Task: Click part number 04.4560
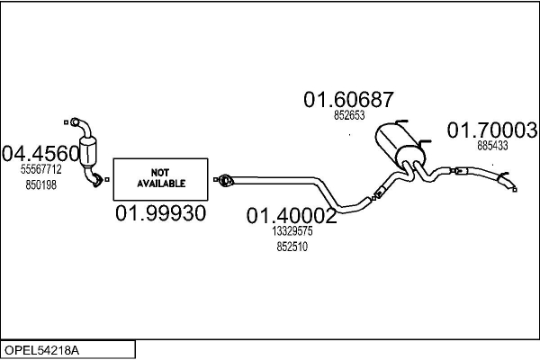(x=41, y=153)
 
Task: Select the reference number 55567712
(x=41, y=169)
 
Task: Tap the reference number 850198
(x=41, y=184)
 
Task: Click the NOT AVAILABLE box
(x=161, y=178)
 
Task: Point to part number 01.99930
(x=161, y=213)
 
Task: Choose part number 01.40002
(x=292, y=216)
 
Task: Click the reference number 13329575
(x=292, y=231)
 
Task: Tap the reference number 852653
(x=349, y=115)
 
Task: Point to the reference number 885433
(x=493, y=145)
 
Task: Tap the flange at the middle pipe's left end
(x=226, y=180)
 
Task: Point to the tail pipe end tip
(x=514, y=188)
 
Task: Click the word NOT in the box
(x=160, y=172)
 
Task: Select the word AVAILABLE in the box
(x=161, y=183)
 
